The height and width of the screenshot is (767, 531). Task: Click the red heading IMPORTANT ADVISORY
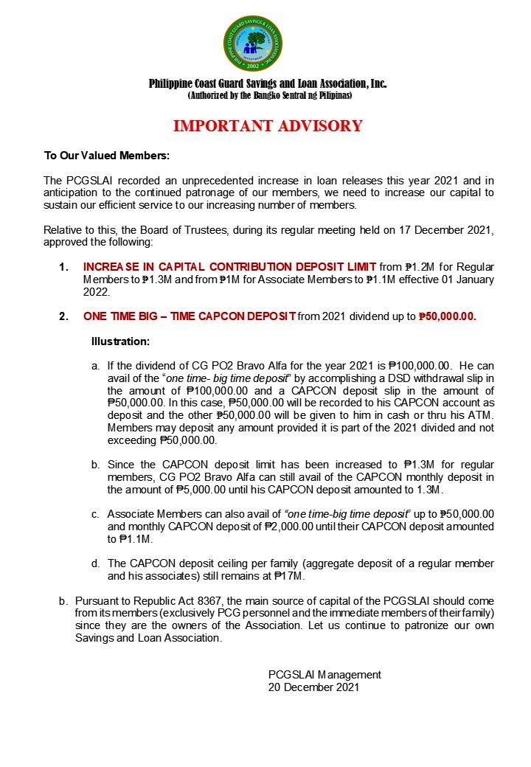click(268, 126)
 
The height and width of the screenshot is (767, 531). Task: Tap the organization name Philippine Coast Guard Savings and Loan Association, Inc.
click(268, 84)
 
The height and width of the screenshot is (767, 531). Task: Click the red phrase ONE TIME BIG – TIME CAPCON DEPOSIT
click(190, 316)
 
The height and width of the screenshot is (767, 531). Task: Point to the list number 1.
click(64, 266)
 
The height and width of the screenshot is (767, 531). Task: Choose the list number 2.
click(64, 316)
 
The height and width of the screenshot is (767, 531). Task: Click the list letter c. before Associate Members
click(95, 514)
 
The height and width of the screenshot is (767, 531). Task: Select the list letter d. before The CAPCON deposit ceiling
click(95, 564)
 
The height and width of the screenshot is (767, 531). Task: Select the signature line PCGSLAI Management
click(324, 675)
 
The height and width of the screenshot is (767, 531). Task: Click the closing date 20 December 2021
click(313, 687)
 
